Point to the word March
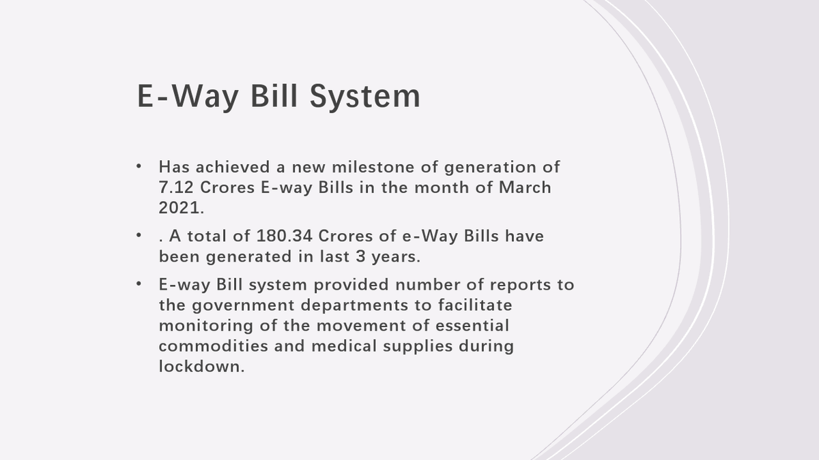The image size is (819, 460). (x=525, y=187)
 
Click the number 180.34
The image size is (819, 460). (x=285, y=236)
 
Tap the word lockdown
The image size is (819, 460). (x=201, y=366)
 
